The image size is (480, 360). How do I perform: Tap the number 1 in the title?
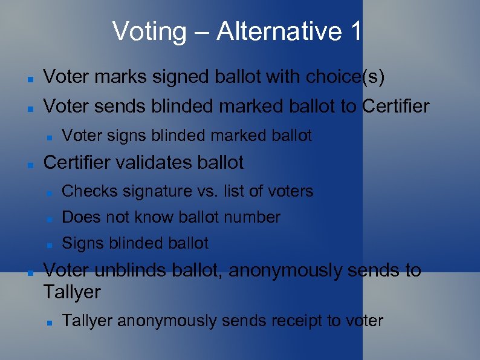click(355, 31)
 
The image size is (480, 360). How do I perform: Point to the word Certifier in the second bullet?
click(396, 106)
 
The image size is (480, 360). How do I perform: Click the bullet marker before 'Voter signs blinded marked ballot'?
click(49, 137)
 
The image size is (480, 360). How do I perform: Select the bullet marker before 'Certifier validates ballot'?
click(28, 164)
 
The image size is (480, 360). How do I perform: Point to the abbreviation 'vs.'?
click(207, 192)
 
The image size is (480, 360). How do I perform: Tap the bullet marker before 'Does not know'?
click(49, 218)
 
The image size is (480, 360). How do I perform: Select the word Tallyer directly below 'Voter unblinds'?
click(72, 292)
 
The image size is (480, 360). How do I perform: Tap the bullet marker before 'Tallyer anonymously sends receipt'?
click(49, 322)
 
